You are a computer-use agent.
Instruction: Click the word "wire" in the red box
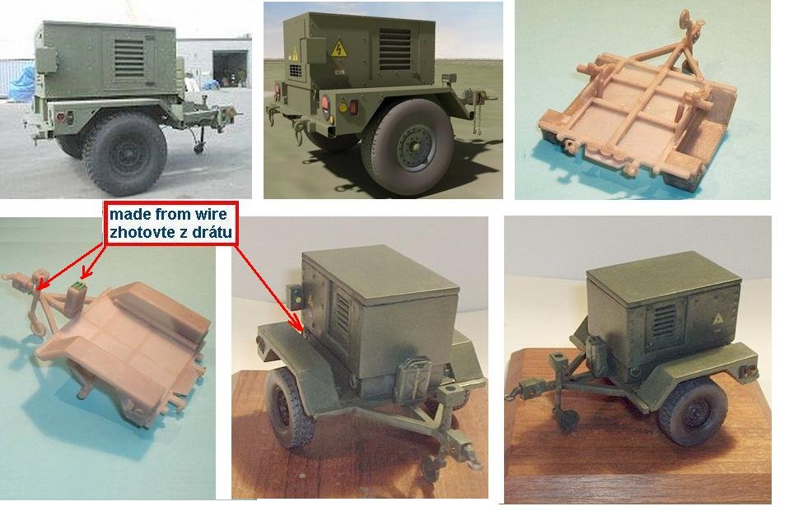pyautogui.click(x=210, y=214)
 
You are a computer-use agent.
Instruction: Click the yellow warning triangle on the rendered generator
pyautogui.click(x=339, y=50)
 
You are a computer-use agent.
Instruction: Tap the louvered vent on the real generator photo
pyautogui.click(x=128, y=58)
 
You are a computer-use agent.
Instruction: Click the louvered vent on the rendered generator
pyautogui.click(x=394, y=49)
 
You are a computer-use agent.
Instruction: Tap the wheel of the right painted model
pyautogui.click(x=693, y=411)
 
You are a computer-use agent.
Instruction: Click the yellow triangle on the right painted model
pyautogui.click(x=717, y=319)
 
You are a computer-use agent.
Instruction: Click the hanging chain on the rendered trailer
pyautogui.click(x=476, y=116)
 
